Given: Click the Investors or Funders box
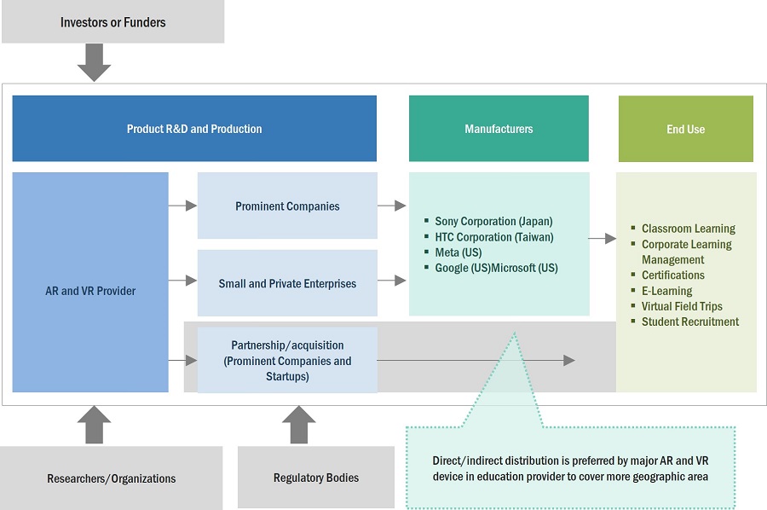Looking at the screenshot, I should coord(112,22).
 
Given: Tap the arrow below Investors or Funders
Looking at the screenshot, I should coord(94,62).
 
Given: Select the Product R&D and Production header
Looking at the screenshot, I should coord(194,129).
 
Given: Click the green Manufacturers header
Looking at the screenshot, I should coord(499,129).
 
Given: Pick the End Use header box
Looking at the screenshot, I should coord(685,129).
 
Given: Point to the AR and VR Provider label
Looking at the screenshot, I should coord(90,291).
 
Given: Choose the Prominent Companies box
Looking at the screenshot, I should coord(287,206).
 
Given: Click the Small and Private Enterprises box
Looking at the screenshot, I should coord(287,283).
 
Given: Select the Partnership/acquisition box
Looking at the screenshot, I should coord(287,361).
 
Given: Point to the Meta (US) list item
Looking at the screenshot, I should coord(458,252).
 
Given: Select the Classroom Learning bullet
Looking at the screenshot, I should coord(688,229).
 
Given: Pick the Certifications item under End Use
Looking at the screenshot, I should coord(672,275).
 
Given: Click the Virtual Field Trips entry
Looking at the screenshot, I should coord(682,306).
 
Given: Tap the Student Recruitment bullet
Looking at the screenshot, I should coord(689,322).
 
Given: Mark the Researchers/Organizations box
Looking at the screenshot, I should coord(112,478).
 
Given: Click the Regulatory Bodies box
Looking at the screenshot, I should coord(315,478).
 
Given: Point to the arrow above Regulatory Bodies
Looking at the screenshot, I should coord(298,424).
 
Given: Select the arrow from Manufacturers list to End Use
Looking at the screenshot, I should coord(603,239).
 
